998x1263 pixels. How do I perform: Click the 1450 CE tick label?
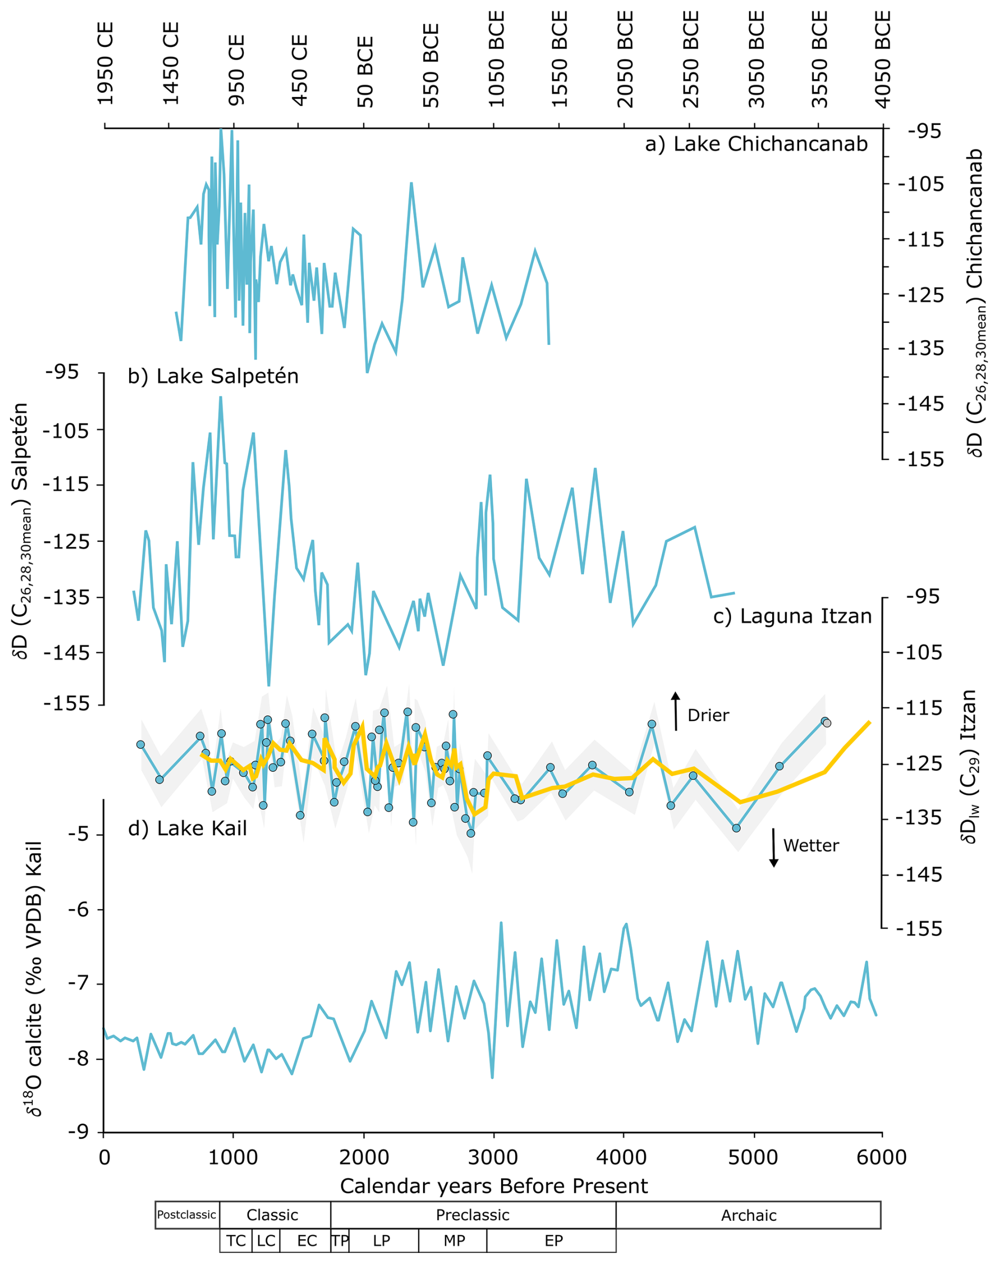click(x=170, y=63)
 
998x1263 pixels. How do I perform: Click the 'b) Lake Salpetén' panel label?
click(x=213, y=376)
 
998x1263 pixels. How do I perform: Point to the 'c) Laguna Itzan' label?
click(x=792, y=616)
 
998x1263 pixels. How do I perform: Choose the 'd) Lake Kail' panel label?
click(x=187, y=828)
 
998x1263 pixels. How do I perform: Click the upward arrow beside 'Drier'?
click(x=676, y=711)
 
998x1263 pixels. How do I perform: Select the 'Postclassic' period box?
click(x=187, y=1214)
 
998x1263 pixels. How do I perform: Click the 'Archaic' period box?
click(x=748, y=1215)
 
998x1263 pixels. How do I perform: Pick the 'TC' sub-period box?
click(x=236, y=1240)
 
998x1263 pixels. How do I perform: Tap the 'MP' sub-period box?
click(x=454, y=1240)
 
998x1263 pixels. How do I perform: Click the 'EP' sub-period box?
click(x=553, y=1240)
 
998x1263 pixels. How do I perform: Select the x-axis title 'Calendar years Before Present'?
click(x=494, y=1186)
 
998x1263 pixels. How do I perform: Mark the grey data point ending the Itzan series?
click(x=827, y=723)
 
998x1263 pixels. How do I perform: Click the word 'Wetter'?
click(x=811, y=846)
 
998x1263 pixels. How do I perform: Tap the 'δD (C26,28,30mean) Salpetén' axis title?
click(x=22, y=531)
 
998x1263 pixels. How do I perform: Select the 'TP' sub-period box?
click(x=340, y=1240)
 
